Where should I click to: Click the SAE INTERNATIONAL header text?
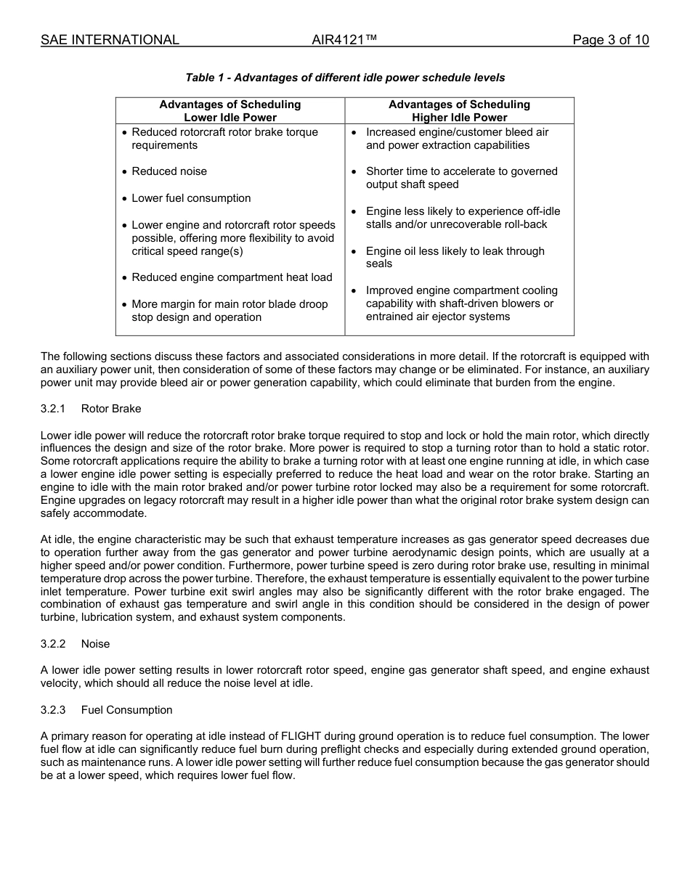point(110,40)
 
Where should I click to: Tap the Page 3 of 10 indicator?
point(610,40)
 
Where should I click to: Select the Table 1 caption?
point(345,78)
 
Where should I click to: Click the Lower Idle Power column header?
point(230,111)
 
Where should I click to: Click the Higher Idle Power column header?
point(459,111)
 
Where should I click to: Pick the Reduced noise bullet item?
point(169,171)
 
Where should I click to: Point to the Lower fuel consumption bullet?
point(191,198)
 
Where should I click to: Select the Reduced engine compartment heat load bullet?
point(232,277)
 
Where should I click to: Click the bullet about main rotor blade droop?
point(229,311)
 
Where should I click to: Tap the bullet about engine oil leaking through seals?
point(455,257)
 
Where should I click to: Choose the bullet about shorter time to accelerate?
point(461,178)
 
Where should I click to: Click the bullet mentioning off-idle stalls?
point(463,218)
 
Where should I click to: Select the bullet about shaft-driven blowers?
point(461,303)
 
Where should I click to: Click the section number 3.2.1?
point(53,409)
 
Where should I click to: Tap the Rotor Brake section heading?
point(111,409)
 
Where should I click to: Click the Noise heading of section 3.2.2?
point(95,644)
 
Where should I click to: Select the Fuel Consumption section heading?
point(126,710)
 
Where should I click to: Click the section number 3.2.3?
point(53,710)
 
